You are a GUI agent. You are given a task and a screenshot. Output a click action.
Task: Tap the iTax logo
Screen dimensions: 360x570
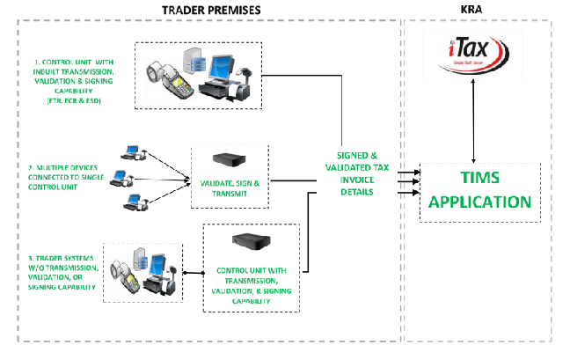pyautogui.click(x=473, y=53)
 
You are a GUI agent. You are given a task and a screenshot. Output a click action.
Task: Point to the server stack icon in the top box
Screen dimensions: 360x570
pyautogui.click(x=191, y=62)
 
